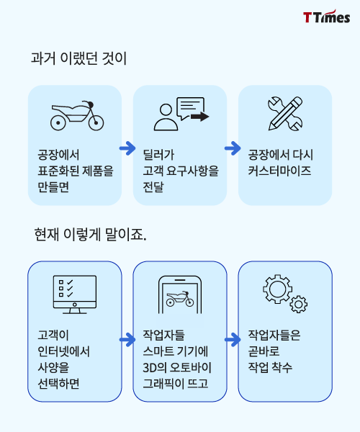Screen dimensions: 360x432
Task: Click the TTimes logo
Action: point(326,17)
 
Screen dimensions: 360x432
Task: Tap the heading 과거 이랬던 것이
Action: point(78,58)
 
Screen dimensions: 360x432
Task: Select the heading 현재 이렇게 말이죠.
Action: point(90,235)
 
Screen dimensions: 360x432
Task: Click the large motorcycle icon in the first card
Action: point(77,116)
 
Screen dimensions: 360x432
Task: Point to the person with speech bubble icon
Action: point(181,114)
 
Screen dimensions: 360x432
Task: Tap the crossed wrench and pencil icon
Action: point(285,114)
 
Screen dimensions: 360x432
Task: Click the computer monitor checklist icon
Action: point(75,294)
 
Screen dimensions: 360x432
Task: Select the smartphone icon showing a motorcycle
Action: point(180,294)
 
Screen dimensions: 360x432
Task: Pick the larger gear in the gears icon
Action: point(277,289)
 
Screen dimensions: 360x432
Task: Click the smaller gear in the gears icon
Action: point(299,304)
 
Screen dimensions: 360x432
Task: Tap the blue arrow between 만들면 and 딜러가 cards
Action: point(127,148)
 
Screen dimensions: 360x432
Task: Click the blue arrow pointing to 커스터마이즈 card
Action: point(233,148)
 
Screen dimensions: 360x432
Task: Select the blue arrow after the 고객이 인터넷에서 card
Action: point(127,340)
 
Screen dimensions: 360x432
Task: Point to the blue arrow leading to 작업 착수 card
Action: point(233,340)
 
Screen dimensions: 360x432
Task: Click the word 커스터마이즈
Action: point(279,171)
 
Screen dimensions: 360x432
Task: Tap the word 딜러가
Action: point(158,155)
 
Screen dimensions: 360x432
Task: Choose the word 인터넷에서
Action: point(63,351)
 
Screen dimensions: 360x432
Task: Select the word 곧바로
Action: point(264,351)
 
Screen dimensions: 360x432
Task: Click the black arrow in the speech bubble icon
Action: point(200,117)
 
